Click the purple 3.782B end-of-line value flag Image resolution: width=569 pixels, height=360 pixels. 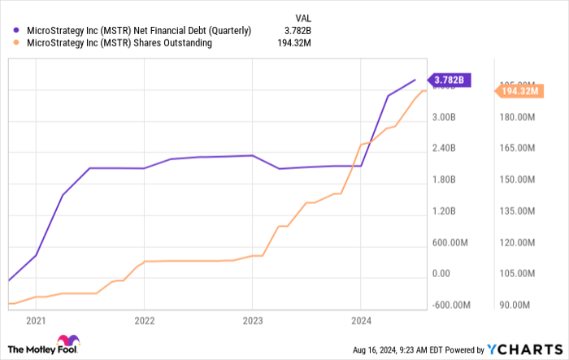click(x=450, y=80)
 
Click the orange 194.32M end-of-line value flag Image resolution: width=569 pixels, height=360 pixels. click(x=518, y=92)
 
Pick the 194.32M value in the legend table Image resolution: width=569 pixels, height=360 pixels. click(x=294, y=43)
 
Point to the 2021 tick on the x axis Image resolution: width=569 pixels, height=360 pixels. click(x=35, y=320)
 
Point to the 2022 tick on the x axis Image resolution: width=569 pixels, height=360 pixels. click(x=144, y=320)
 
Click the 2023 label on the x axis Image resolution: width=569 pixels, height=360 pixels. click(x=252, y=320)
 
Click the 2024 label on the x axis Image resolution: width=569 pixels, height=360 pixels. click(x=361, y=320)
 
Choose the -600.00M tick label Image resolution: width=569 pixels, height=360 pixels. click(x=450, y=306)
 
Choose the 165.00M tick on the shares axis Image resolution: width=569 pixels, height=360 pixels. click(x=515, y=148)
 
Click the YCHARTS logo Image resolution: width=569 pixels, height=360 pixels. click(x=523, y=349)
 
